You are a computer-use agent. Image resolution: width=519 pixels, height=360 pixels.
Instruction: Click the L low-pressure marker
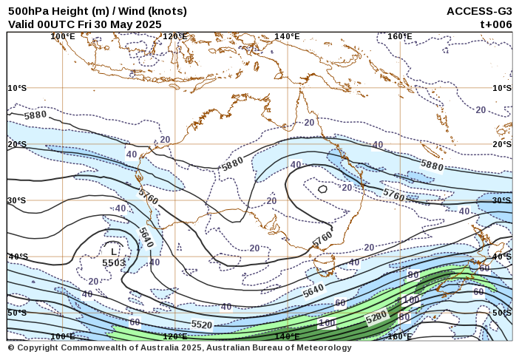tap(113, 252)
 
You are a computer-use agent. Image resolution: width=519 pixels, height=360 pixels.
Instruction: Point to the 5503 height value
tap(113, 262)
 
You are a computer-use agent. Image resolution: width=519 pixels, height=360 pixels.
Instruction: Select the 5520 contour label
tap(202, 325)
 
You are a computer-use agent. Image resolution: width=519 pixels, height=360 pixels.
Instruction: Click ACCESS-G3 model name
tap(479, 11)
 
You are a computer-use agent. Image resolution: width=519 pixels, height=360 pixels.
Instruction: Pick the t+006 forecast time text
tap(496, 24)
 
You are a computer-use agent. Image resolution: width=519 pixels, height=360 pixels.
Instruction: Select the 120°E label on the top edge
tap(175, 36)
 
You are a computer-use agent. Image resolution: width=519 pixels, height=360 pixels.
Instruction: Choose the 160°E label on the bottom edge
tap(400, 336)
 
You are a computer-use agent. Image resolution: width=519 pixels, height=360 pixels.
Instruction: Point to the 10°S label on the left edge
tap(17, 88)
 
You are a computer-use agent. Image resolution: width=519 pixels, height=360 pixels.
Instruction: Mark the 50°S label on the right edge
tap(502, 313)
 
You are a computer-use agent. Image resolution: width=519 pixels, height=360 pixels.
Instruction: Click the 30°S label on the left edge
tap(17, 200)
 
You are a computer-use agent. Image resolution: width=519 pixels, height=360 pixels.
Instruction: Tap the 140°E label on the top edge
tap(288, 36)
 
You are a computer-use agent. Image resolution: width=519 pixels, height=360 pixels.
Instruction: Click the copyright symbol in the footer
tap(11, 347)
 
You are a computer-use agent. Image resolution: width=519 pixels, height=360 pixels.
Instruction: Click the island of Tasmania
tap(323, 264)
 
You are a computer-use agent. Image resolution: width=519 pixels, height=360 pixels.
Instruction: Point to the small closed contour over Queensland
tap(322, 189)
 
